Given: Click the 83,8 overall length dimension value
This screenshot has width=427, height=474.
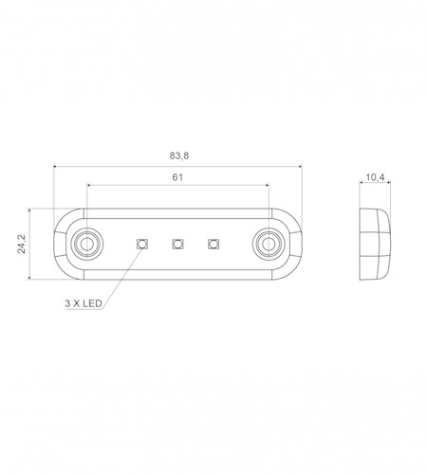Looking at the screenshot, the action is pyautogui.click(x=179, y=155).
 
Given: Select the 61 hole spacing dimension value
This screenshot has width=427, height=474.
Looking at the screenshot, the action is pyautogui.click(x=177, y=177).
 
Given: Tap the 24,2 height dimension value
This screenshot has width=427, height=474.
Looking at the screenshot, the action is pyautogui.click(x=22, y=244).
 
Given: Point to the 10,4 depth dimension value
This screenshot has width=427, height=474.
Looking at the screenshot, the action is pyautogui.click(x=375, y=177).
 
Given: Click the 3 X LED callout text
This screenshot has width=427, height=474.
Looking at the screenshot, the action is pyautogui.click(x=84, y=303).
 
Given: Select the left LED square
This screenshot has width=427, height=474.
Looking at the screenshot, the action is pyautogui.click(x=142, y=244).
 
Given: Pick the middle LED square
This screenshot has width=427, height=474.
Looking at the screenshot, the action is pyautogui.click(x=177, y=244).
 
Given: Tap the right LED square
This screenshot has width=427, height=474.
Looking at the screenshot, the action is pyautogui.click(x=213, y=244).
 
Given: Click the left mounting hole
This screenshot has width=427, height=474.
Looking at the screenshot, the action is pyautogui.click(x=86, y=244).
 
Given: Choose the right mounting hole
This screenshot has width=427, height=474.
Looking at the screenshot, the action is pyautogui.click(x=269, y=244).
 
